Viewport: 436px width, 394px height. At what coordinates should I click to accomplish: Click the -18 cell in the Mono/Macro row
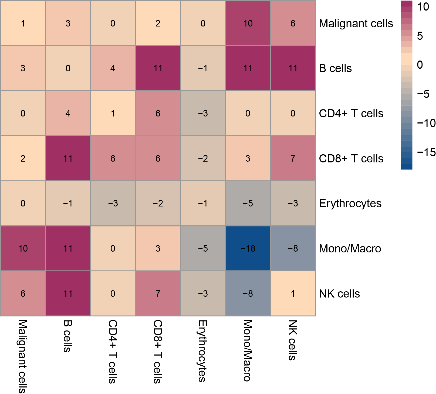pyautogui.click(x=248, y=248)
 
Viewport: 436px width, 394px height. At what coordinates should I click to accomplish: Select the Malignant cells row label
pyautogui.click(x=356, y=24)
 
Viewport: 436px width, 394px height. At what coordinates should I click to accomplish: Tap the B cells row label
pyautogui.click(x=335, y=68)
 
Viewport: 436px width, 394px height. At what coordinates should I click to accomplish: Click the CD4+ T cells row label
pyautogui.click(x=351, y=113)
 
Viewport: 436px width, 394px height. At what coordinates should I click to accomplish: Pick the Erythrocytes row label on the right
pyautogui.click(x=350, y=203)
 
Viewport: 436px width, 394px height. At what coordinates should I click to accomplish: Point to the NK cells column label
pyautogui.click(x=293, y=340)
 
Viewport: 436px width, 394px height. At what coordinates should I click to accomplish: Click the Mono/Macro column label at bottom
pyautogui.click(x=248, y=350)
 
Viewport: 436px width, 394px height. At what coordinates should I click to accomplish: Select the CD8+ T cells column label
pyautogui.click(x=158, y=352)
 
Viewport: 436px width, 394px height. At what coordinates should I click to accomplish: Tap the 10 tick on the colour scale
pyautogui.click(x=423, y=7)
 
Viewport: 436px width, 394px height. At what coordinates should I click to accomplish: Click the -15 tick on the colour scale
pyautogui.click(x=426, y=152)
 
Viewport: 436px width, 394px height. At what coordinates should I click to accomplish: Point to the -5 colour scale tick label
pyautogui.click(x=423, y=94)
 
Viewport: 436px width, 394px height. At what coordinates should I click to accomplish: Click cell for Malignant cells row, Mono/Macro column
pyautogui.click(x=248, y=23)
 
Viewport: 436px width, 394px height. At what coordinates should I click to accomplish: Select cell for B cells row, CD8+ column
pyautogui.click(x=158, y=68)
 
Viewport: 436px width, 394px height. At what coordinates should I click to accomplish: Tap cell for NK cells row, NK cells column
pyautogui.click(x=293, y=293)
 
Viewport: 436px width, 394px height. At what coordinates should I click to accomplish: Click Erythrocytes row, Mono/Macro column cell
pyautogui.click(x=248, y=203)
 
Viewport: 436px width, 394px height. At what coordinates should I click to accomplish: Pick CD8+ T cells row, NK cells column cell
pyautogui.click(x=293, y=158)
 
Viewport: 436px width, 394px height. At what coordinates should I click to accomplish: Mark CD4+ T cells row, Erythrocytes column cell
pyautogui.click(x=203, y=113)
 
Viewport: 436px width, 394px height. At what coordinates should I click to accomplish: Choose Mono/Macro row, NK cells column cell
pyautogui.click(x=293, y=248)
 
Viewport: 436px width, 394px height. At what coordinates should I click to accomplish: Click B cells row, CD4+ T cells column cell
pyautogui.click(x=113, y=68)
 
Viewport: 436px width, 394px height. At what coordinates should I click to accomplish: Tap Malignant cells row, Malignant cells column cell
pyautogui.click(x=23, y=23)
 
